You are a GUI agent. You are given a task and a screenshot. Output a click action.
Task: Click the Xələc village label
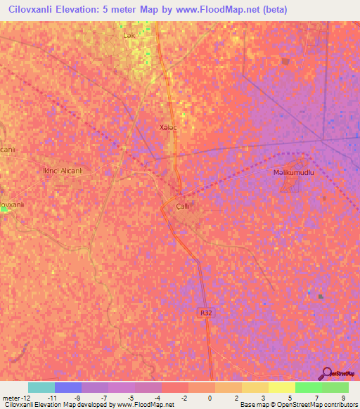tap(169, 127)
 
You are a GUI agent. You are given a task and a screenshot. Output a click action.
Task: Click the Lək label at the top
tap(129, 35)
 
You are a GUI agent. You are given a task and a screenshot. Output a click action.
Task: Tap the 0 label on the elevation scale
tap(210, 398)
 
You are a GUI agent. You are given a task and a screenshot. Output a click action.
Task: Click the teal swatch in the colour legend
tap(41, 387)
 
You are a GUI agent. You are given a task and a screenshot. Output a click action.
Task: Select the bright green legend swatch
tap(308, 387)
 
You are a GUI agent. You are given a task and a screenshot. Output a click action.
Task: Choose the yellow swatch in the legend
tap(281, 387)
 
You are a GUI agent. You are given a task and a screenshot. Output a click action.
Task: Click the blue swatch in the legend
tap(68, 387)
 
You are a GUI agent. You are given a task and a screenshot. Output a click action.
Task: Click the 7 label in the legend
tap(317, 398)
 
